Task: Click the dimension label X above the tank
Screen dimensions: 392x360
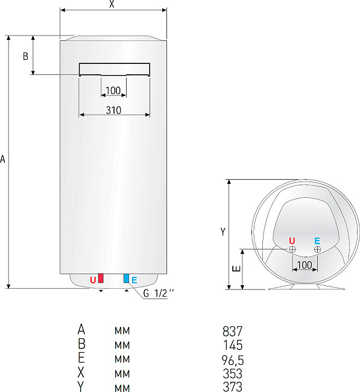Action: coord(112,4)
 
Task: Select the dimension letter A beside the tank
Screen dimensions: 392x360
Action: coord(4,160)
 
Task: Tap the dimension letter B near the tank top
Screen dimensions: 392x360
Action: coord(25,56)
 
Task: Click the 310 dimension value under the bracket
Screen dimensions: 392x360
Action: coord(113,110)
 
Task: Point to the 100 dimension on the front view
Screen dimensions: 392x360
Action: coord(113,91)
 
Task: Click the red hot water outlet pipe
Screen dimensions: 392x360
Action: coord(101,278)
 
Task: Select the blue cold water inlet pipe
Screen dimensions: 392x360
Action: coord(126,278)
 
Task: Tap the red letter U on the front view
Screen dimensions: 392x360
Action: coord(93,280)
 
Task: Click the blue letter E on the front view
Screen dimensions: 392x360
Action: coord(134,280)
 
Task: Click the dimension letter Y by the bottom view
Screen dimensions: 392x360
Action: coord(223,232)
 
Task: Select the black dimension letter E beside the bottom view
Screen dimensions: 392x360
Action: coord(236,269)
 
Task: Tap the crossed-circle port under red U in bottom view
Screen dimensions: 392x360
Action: coord(292,249)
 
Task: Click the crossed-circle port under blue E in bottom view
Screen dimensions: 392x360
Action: coord(318,249)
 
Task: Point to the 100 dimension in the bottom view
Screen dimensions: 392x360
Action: coord(305,265)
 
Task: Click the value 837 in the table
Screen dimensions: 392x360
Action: coord(232,331)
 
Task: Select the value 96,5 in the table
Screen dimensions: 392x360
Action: coord(232,360)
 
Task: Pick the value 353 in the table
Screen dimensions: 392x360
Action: coord(232,374)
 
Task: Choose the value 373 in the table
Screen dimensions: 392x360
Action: coord(232,387)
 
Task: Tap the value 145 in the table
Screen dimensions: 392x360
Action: coord(232,346)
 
